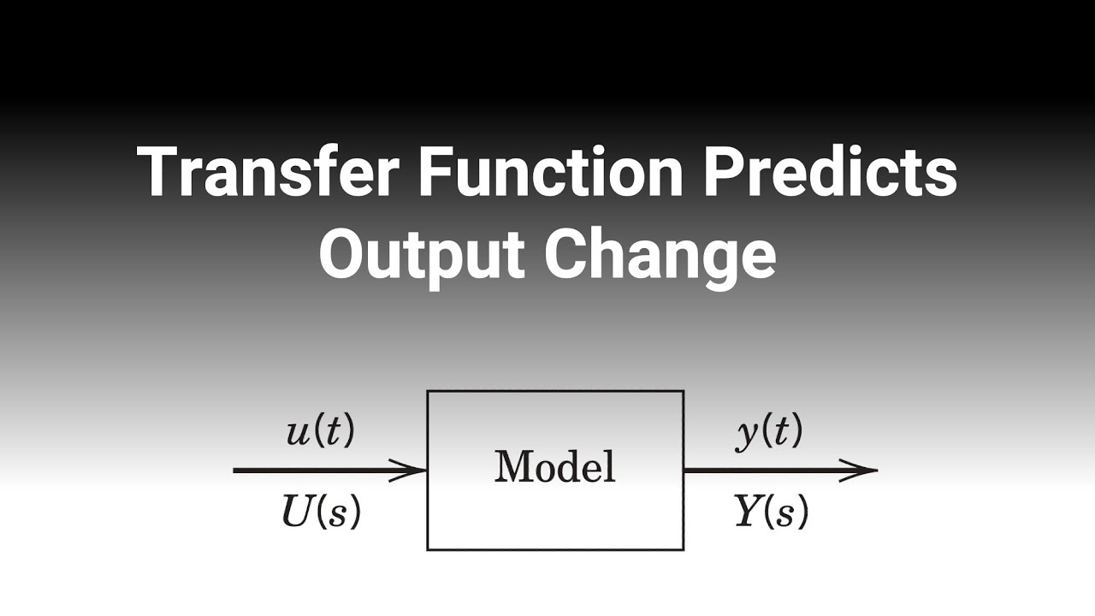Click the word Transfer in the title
(268, 173)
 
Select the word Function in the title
(551, 173)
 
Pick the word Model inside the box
(555, 467)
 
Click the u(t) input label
(320, 433)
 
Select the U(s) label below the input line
(321, 512)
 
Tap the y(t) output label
(769, 433)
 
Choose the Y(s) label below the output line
(771, 512)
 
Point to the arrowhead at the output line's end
(862, 470)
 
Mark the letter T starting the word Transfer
(157, 173)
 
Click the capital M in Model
(510, 467)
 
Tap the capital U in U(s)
(296, 512)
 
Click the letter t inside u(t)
(334, 433)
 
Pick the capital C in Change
(568, 254)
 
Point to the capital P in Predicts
(727, 173)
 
